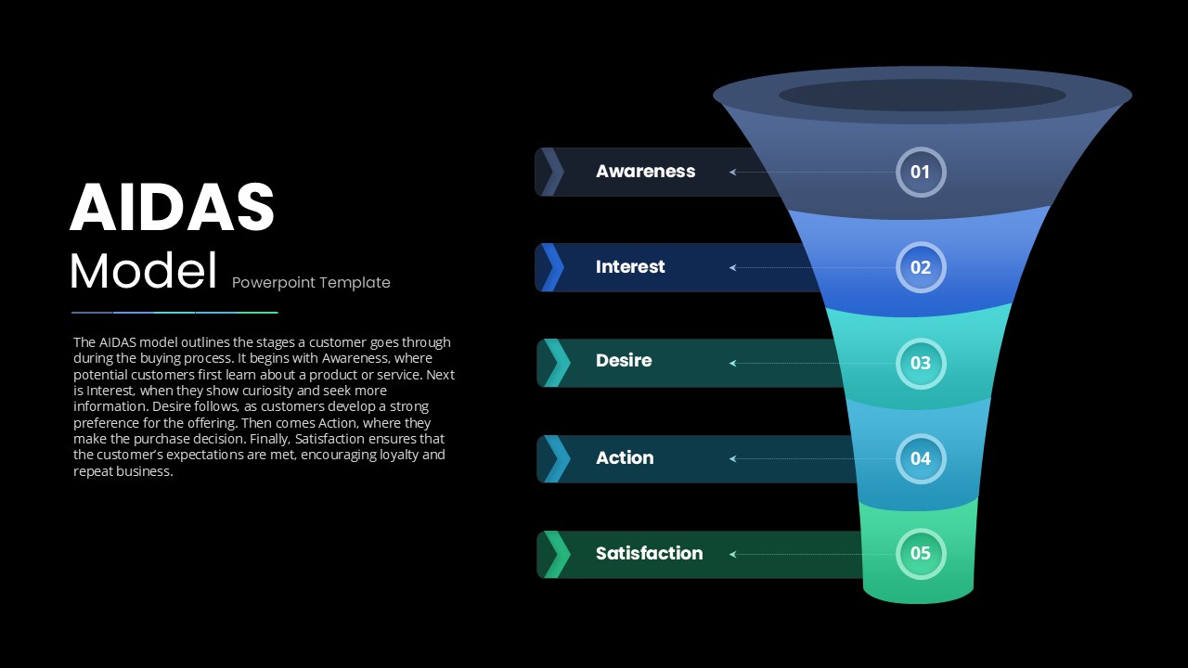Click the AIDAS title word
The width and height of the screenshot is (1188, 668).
coord(172,207)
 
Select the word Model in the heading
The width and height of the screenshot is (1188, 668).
coord(143,271)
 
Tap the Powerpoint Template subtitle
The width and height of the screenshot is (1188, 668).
coord(311,283)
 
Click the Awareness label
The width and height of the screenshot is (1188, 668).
coord(645,172)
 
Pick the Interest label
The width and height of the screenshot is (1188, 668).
coord(630,266)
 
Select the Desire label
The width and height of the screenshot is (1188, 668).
coord(624,361)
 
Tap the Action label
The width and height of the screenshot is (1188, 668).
coord(625,457)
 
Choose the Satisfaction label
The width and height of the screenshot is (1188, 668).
coord(649,554)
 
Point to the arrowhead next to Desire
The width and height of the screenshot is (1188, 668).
coord(732,363)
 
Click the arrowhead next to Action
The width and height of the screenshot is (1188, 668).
coord(732,458)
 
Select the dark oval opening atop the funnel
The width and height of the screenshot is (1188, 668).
coord(923,96)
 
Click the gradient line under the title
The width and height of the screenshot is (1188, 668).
coord(174,313)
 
